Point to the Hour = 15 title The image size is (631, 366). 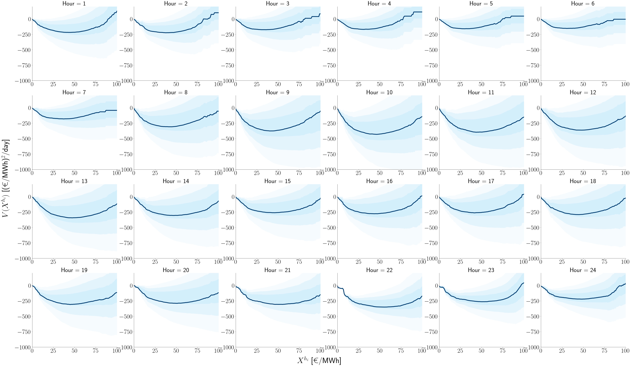tap(277, 181)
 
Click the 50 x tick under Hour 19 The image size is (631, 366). tap(74, 351)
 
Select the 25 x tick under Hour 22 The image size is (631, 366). tap(359, 351)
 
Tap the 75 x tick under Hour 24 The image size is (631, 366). tap(604, 351)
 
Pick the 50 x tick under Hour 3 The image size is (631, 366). tap(278, 84)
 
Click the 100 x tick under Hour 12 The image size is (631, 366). tap(625, 173)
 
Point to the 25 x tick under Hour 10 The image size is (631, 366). tap(359, 173)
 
